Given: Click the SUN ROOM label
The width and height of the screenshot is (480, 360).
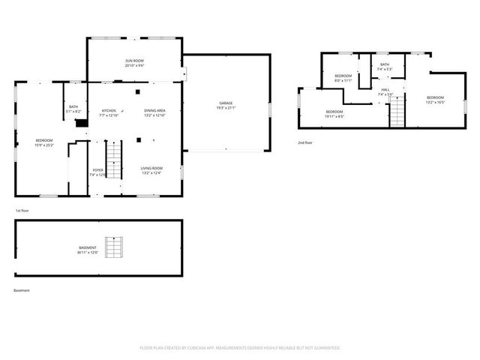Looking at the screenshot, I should coord(134,60).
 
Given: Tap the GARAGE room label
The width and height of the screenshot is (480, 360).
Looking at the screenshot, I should coord(226,103).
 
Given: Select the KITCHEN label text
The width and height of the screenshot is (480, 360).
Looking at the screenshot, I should coord(109,110).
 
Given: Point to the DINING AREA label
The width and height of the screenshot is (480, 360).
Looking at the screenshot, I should coord(155,110).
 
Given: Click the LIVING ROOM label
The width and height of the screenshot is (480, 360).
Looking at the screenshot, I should coord(151,169).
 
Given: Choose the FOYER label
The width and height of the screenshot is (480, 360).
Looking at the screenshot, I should coord(98,170).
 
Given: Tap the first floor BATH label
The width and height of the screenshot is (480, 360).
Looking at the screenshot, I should coord(73,106).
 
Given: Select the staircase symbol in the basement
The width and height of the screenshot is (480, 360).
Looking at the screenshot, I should coord(113,247).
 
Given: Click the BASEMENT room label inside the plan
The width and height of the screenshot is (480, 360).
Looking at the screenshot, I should coord(88,247).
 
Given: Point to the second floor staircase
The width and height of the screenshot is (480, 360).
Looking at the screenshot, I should coord(396,112).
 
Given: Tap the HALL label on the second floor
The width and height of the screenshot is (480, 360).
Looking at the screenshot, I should coord(385,90).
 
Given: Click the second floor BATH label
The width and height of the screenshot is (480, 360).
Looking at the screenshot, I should coord(385,64).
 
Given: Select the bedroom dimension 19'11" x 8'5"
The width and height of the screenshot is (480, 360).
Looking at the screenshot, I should coord(334,116).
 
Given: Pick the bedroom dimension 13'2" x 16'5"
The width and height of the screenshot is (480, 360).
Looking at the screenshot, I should coord(436,102).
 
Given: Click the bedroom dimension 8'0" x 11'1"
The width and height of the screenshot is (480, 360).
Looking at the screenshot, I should coord(343,80).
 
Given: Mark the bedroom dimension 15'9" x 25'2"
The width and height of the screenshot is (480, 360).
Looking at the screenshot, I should coord(43,145).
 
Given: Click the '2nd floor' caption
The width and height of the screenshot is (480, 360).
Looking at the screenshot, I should coord(305,142).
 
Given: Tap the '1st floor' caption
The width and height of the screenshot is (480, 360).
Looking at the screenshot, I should coord(22,211).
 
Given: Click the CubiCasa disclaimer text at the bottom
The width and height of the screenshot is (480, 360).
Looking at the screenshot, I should coord(240,348).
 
